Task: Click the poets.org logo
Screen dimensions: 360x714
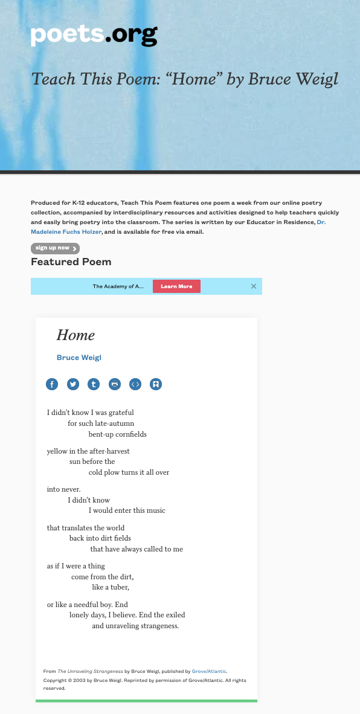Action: [94, 36]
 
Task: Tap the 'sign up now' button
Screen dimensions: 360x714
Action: [55, 248]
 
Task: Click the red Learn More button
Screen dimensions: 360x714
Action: [176, 286]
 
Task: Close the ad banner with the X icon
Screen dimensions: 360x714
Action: [254, 286]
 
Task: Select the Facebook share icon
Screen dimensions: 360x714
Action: [52, 384]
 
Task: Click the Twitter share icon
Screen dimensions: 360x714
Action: [72, 384]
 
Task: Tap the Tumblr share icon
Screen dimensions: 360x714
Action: [94, 384]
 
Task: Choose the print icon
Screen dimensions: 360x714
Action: [115, 384]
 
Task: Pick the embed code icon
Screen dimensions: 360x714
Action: [135, 384]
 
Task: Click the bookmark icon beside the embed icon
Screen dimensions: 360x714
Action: [156, 384]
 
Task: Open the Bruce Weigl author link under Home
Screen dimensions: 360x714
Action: [79, 358]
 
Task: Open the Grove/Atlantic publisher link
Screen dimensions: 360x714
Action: [208, 671]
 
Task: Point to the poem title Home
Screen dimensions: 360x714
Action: [76, 335]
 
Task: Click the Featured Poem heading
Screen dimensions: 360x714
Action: [71, 262]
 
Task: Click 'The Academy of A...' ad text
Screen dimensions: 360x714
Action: [118, 286]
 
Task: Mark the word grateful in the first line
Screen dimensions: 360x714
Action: [120, 413]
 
